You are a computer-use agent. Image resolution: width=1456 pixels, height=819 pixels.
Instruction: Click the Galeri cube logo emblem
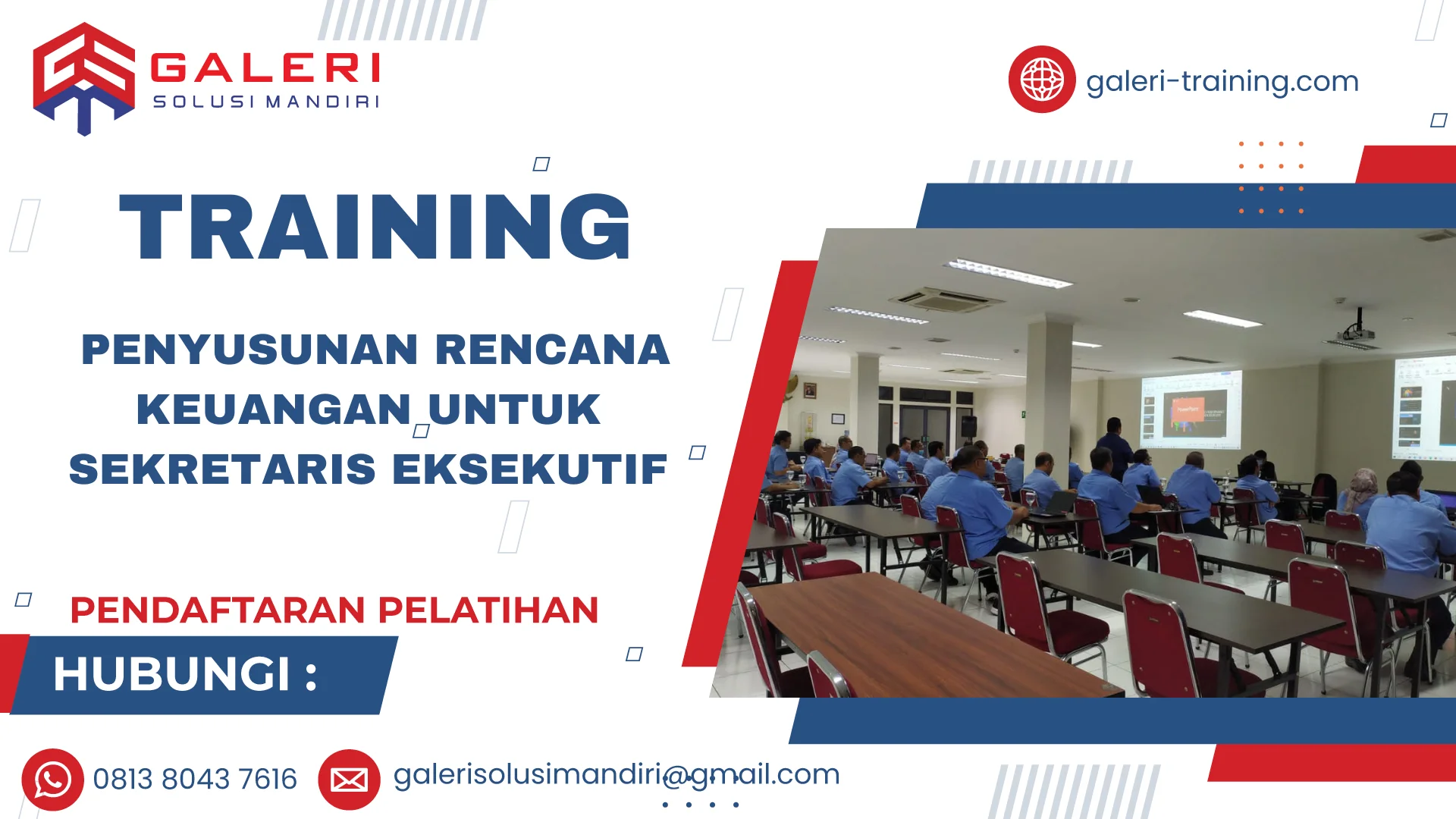pyautogui.click(x=83, y=78)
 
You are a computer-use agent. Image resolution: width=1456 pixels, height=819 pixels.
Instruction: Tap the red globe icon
pyautogui.click(x=1041, y=80)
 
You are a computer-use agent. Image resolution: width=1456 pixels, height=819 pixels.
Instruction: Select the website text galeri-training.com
pyautogui.click(x=1222, y=81)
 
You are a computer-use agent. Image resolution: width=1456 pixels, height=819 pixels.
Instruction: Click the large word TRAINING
pyautogui.click(x=375, y=227)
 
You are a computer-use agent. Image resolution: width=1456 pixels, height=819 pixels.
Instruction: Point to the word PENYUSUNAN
pyautogui.click(x=249, y=350)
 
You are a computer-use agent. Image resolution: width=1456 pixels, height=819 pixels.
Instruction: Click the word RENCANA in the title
pyautogui.click(x=552, y=350)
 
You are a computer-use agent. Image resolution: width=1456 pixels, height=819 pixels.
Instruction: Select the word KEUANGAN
pyautogui.click(x=274, y=409)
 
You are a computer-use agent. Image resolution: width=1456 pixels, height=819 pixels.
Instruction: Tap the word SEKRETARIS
pyautogui.click(x=222, y=469)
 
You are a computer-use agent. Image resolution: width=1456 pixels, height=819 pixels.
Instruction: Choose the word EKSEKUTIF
pyautogui.click(x=529, y=469)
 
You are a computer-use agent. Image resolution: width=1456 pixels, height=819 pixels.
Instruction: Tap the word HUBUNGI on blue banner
pyautogui.click(x=172, y=674)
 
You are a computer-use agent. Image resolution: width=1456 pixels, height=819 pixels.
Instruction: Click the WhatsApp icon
pyautogui.click(x=52, y=780)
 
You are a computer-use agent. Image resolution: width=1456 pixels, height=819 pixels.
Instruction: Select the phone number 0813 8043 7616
pyautogui.click(x=195, y=780)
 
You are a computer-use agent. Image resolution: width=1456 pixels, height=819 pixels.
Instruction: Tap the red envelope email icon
pyautogui.click(x=349, y=780)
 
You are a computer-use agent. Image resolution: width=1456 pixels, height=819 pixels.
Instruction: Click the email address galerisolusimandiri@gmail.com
pyautogui.click(x=616, y=775)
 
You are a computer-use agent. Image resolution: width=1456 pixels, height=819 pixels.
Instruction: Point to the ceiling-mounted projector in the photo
pyautogui.click(x=1358, y=332)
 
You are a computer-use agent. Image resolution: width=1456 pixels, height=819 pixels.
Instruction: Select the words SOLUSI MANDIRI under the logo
pyautogui.click(x=265, y=102)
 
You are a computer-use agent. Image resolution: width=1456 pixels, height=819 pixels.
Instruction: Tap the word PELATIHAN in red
pyautogui.click(x=488, y=610)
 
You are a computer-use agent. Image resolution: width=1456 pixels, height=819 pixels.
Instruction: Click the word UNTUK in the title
pyautogui.click(x=514, y=409)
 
